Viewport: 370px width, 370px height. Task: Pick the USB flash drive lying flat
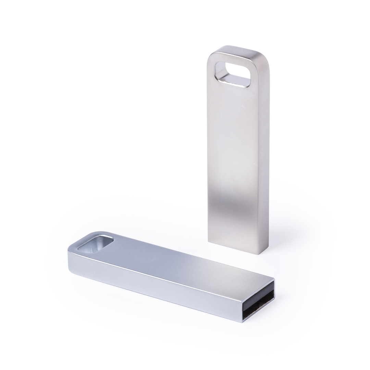tap(171, 274)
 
